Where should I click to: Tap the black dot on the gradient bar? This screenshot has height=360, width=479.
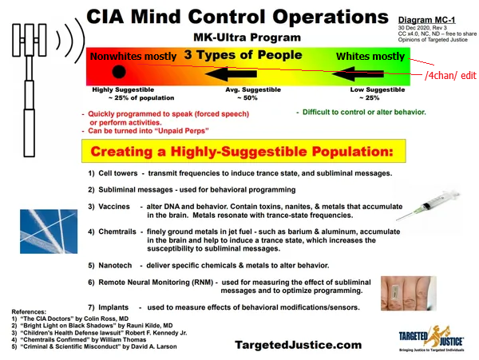point(119,72)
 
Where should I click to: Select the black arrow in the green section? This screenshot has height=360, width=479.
point(358,73)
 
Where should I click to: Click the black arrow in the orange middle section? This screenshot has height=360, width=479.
point(231,73)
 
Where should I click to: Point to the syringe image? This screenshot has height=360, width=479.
point(428,205)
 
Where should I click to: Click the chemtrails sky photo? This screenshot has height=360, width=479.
point(49,231)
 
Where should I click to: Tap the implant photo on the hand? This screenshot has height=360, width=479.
point(409,293)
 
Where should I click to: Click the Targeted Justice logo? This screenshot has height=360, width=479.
point(431,338)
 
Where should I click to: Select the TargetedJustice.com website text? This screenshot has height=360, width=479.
point(298,345)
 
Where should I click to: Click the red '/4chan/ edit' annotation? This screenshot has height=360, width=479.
point(450,75)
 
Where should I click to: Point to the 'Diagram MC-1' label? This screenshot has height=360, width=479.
point(426,20)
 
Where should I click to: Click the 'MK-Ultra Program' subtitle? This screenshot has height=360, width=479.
point(247,38)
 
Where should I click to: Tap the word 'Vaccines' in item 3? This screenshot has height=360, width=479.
point(114,207)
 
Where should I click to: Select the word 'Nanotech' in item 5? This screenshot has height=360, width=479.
point(115,265)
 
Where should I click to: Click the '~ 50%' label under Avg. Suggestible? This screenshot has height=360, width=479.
point(247,97)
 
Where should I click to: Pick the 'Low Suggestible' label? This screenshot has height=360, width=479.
point(378,89)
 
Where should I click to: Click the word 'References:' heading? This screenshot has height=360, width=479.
point(29,312)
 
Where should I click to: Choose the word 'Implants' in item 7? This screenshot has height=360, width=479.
point(113,307)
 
